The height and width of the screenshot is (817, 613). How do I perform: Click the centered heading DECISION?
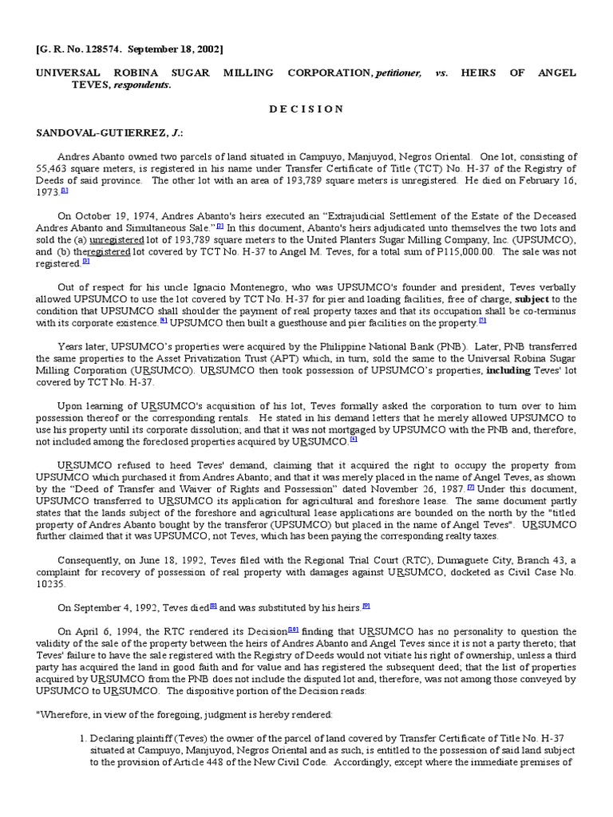coord(306,109)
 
